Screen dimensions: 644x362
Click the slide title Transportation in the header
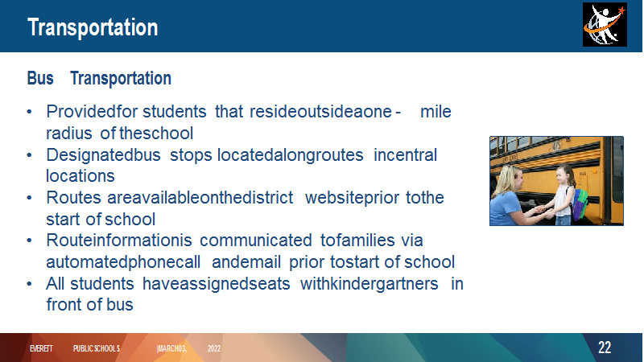tap(93, 27)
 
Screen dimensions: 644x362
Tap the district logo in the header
tap(605, 25)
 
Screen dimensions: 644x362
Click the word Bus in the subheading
tap(40, 78)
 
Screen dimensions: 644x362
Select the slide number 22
tap(605, 348)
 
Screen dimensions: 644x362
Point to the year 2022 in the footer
tap(214, 348)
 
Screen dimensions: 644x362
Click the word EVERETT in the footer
tap(41, 348)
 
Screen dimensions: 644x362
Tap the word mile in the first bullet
tap(436, 112)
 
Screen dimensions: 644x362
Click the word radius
tap(69, 134)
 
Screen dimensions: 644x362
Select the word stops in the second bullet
tap(191, 155)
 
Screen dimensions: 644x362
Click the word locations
tap(80, 176)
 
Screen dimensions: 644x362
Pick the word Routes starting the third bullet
tap(73, 198)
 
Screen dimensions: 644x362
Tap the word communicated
tap(256, 241)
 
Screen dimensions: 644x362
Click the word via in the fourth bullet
tap(412, 241)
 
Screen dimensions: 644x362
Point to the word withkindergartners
tap(369, 284)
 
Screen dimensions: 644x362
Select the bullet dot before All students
tap(29, 284)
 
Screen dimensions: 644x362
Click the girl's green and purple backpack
tap(580, 204)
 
